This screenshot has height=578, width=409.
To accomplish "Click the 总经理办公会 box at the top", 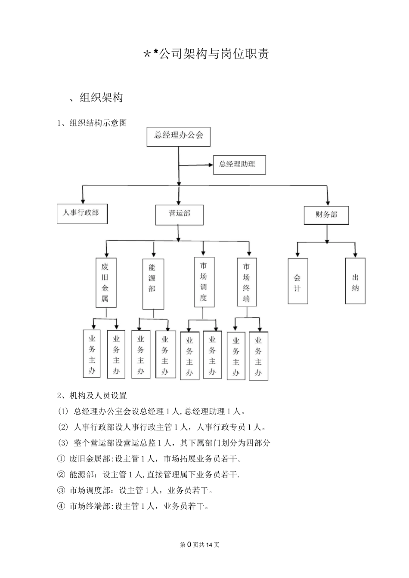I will [x=178, y=136].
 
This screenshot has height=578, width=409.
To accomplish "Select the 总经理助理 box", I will [x=239, y=165].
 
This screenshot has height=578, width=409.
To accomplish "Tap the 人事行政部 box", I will [x=82, y=214].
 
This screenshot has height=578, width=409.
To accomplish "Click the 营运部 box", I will [x=179, y=215].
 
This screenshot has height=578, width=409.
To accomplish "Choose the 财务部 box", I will [x=326, y=215].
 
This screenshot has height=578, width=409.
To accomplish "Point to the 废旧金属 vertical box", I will [x=105, y=283].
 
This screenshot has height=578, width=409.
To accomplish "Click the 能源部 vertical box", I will [x=153, y=283].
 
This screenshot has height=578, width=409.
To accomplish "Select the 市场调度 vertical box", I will [x=204, y=282].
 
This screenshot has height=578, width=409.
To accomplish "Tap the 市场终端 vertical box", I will [x=247, y=282].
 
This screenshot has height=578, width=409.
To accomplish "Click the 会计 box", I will [x=298, y=281].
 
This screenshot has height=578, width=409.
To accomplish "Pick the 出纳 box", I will [x=355, y=281].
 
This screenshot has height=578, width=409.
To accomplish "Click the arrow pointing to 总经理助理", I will [x=210, y=165].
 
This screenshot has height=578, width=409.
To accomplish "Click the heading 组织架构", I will [x=101, y=98].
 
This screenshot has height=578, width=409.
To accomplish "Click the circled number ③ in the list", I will [x=61, y=490].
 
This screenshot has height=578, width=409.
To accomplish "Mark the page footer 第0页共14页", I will [x=200, y=545].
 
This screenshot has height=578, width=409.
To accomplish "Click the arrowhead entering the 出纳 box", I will [x=355, y=255].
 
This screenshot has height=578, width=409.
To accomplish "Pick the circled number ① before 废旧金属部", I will [x=61, y=459].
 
